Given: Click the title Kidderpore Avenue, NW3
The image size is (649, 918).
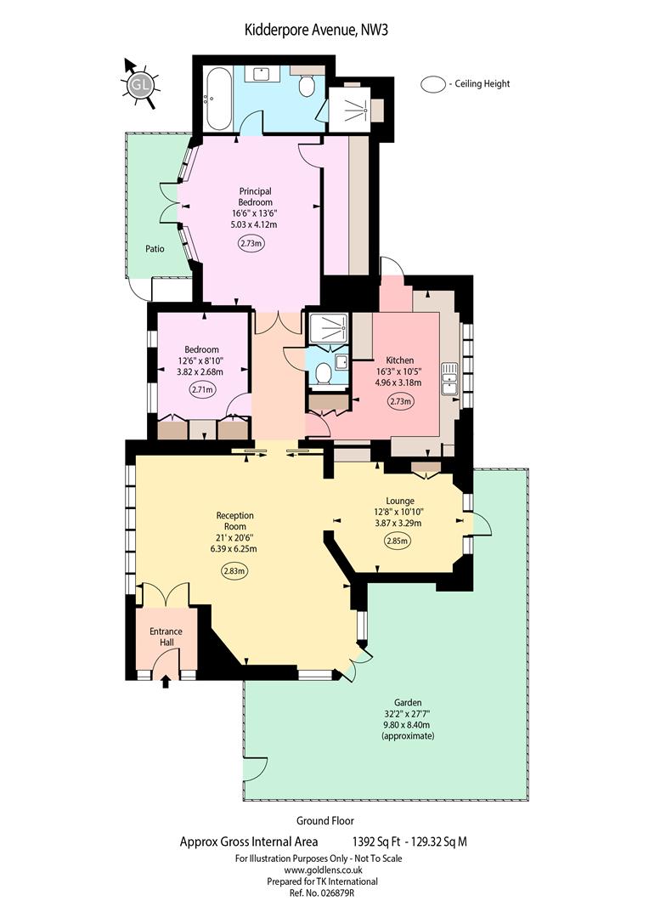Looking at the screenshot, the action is pyautogui.click(x=316, y=30).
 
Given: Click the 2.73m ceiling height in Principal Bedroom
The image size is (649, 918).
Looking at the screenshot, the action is pyautogui.click(x=251, y=244).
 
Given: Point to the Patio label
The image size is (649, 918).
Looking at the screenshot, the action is pyautogui.click(x=155, y=249).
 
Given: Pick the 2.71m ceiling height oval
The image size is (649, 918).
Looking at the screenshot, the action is pyautogui.click(x=202, y=388).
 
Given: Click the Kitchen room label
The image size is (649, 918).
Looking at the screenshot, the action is pyautogui.click(x=400, y=360).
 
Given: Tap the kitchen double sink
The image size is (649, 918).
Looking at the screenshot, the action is pyautogui.click(x=450, y=379).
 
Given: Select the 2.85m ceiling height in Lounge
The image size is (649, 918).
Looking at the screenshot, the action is pyautogui.click(x=398, y=541).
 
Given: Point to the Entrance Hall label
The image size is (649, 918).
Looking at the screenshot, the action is pyautogui.click(x=166, y=637).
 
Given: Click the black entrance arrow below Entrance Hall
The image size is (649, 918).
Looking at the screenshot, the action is pyautogui.click(x=166, y=681).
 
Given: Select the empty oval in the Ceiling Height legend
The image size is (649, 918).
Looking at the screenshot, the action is pyautogui.click(x=433, y=84).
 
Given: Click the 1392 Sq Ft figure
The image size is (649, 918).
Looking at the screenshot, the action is pyautogui.click(x=376, y=841).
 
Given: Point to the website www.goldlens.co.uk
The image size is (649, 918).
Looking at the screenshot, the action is pyautogui.click(x=319, y=870).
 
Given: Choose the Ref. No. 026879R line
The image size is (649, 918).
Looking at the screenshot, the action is pyautogui.click(x=322, y=892).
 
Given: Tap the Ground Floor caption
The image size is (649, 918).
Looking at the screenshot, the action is pyautogui.click(x=324, y=821).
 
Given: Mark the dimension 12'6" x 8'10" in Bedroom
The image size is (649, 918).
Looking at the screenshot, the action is pyautogui.click(x=200, y=360).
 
